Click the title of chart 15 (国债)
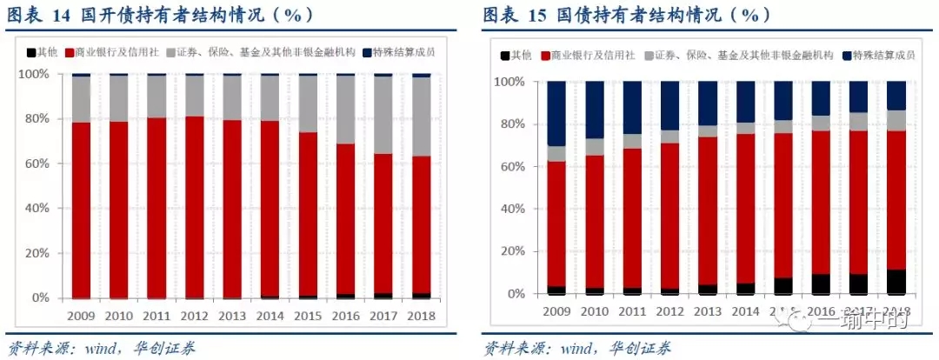626,15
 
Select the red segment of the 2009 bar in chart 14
82,209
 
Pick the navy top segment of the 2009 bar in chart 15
556,113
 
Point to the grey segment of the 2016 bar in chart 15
821,123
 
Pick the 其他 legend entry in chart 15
518,56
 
